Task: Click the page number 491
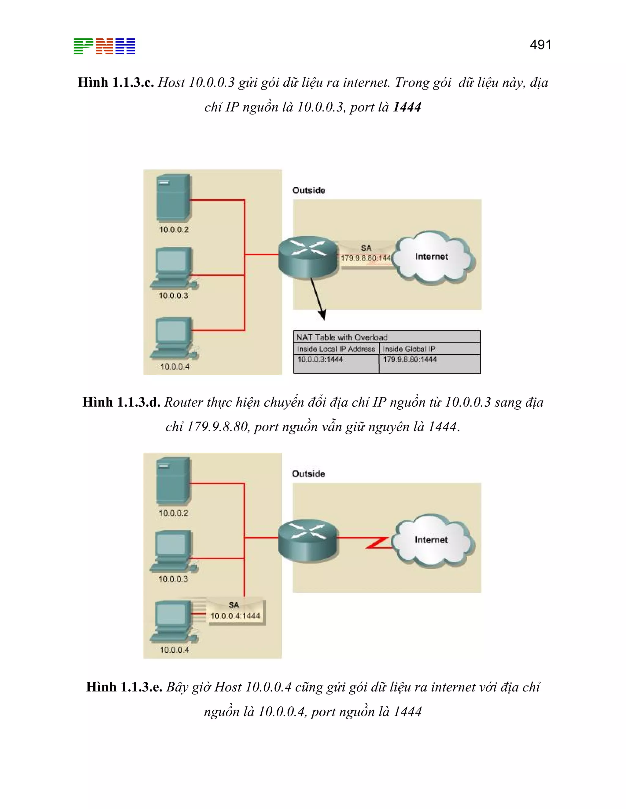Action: tap(540, 45)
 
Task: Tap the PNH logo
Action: tap(104, 46)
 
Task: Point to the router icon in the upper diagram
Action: tap(308, 256)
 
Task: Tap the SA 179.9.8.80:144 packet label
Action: tap(366, 253)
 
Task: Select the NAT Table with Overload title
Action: tap(341, 337)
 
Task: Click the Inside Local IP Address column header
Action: tap(336, 349)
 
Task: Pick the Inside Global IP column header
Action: tap(409, 349)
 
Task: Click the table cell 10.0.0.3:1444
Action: tap(320, 359)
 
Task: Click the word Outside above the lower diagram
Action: tap(308, 473)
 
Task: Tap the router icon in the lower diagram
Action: tap(308, 540)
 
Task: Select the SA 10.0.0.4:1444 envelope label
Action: tap(235, 611)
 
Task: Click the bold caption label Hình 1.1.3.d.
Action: tap(121, 402)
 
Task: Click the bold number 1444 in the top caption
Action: tap(407, 107)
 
